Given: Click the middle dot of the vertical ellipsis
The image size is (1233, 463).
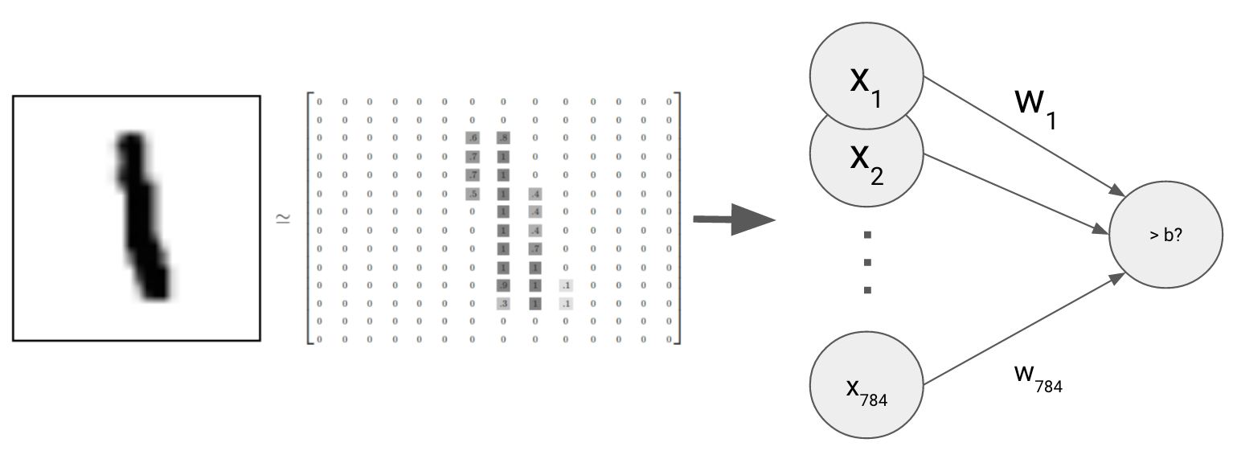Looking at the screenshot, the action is click(x=867, y=262).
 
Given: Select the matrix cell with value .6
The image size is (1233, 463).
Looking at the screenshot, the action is click(x=472, y=138).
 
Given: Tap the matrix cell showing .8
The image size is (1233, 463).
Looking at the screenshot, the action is click(x=503, y=138).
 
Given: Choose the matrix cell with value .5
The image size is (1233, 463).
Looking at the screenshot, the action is click(x=472, y=194).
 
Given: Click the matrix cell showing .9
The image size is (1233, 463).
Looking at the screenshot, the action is click(x=503, y=285).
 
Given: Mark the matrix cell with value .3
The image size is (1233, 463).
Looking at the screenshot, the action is click(x=503, y=304).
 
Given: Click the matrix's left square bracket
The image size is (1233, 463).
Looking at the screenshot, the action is click(x=309, y=219).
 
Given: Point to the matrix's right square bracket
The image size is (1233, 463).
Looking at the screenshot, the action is click(x=678, y=219).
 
